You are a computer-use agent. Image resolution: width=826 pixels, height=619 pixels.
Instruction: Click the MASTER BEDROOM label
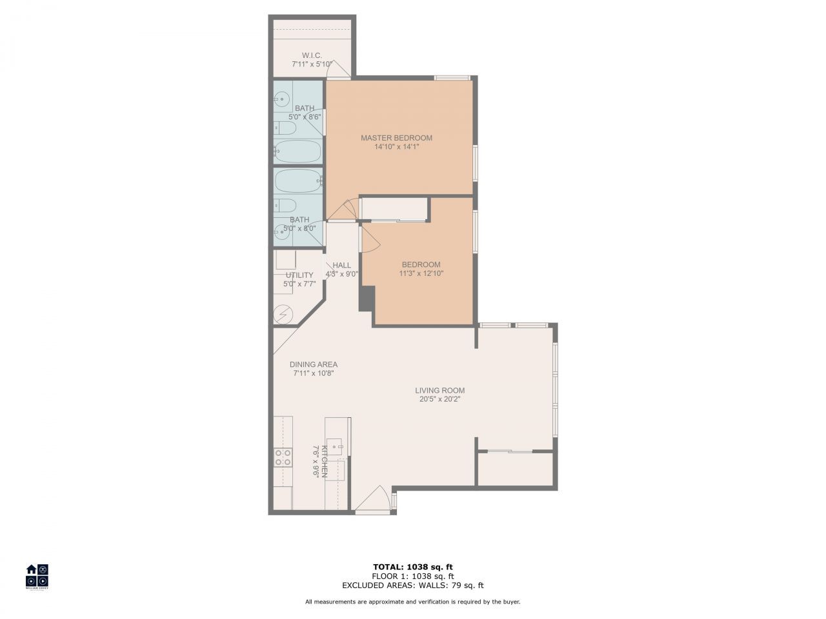coord(396,138)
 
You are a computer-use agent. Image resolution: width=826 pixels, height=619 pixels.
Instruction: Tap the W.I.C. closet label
coord(312,55)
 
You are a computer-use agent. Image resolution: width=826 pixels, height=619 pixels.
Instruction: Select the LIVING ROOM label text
coord(439,390)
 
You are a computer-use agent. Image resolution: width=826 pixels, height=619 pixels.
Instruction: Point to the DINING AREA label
coord(314,364)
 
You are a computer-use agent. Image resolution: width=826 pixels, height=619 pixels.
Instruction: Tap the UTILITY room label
coord(299,275)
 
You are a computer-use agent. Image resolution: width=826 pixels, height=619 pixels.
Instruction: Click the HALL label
coord(341,265)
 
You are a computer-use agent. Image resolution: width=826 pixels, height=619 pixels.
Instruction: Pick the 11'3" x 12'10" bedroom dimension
coord(421,273)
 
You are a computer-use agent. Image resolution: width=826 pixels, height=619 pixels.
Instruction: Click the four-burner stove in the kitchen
coord(283,457)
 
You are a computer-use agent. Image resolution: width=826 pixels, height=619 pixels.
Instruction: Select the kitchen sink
coord(334,445)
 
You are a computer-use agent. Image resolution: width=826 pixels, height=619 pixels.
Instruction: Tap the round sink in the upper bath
coord(281,99)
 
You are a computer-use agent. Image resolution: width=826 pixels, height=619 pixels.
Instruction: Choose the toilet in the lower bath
coord(285,206)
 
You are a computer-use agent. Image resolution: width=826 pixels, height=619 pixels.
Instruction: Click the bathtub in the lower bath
coord(297,181)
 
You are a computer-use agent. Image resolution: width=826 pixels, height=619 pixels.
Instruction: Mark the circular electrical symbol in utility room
coord(283,314)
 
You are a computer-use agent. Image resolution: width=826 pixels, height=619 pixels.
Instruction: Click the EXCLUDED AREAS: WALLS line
coord(412,585)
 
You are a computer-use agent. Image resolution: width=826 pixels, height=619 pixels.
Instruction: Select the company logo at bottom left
coord(37,576)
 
